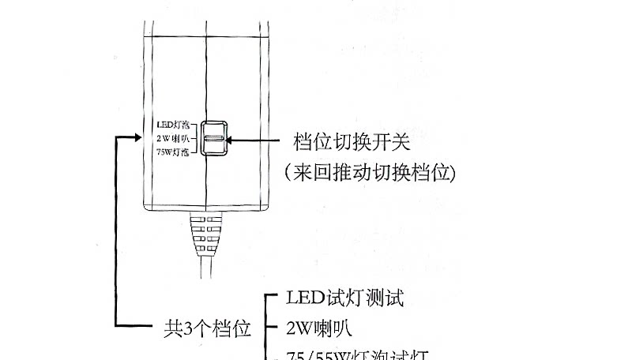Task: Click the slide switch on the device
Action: coord(213,139)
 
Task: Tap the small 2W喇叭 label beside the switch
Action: coord(172,139)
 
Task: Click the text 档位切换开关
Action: coord(352,142)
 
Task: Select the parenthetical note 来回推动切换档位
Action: coord(369,171)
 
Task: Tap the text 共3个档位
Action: coord(207,326)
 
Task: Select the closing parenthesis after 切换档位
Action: coord(452,172)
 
